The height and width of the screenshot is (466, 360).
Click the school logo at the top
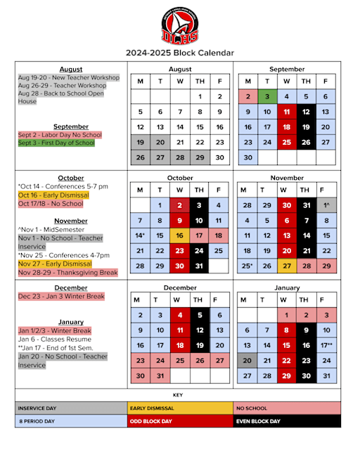coord(179,25)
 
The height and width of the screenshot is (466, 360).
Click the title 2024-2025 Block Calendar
coord(179,53)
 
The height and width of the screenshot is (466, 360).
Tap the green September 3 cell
coord(267,96)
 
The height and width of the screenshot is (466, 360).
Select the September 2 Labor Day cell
coord(247,96)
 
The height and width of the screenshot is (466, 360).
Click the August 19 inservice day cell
coord(141,142)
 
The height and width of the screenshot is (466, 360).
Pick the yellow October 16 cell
coord(180,235)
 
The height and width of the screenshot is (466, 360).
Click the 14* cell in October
coord(141,235)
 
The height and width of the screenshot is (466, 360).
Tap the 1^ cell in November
coord(326,205)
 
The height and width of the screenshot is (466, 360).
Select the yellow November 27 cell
coord(286,266)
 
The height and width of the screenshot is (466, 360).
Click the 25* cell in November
coord(247,266)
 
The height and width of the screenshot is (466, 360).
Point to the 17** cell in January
coord(326,345)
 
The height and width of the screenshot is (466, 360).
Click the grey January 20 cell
coord(247,361)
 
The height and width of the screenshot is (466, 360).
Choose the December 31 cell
coord(160,375)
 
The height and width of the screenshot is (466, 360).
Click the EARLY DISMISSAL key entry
coord(179,408)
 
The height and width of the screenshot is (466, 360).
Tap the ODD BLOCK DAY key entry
coord(179,422)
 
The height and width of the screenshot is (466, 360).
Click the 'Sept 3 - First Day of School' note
coord(56,143)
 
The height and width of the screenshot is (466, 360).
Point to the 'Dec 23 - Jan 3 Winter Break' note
coord(61,297)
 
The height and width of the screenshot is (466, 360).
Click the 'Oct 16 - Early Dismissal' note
coord(49,195)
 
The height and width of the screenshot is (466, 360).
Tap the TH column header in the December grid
coord(200,299)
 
